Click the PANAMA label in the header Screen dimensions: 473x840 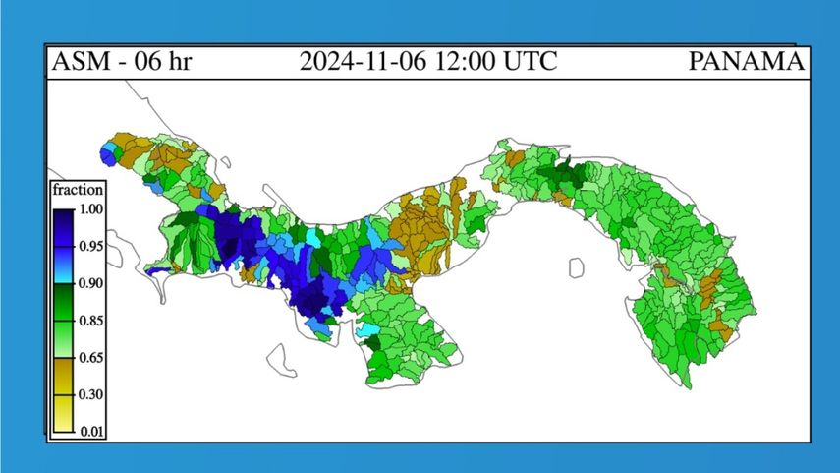747,62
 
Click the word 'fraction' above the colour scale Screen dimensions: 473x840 79,190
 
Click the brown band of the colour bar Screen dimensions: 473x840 63,376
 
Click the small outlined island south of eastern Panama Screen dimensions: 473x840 576,266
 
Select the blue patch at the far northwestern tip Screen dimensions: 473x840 108,154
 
